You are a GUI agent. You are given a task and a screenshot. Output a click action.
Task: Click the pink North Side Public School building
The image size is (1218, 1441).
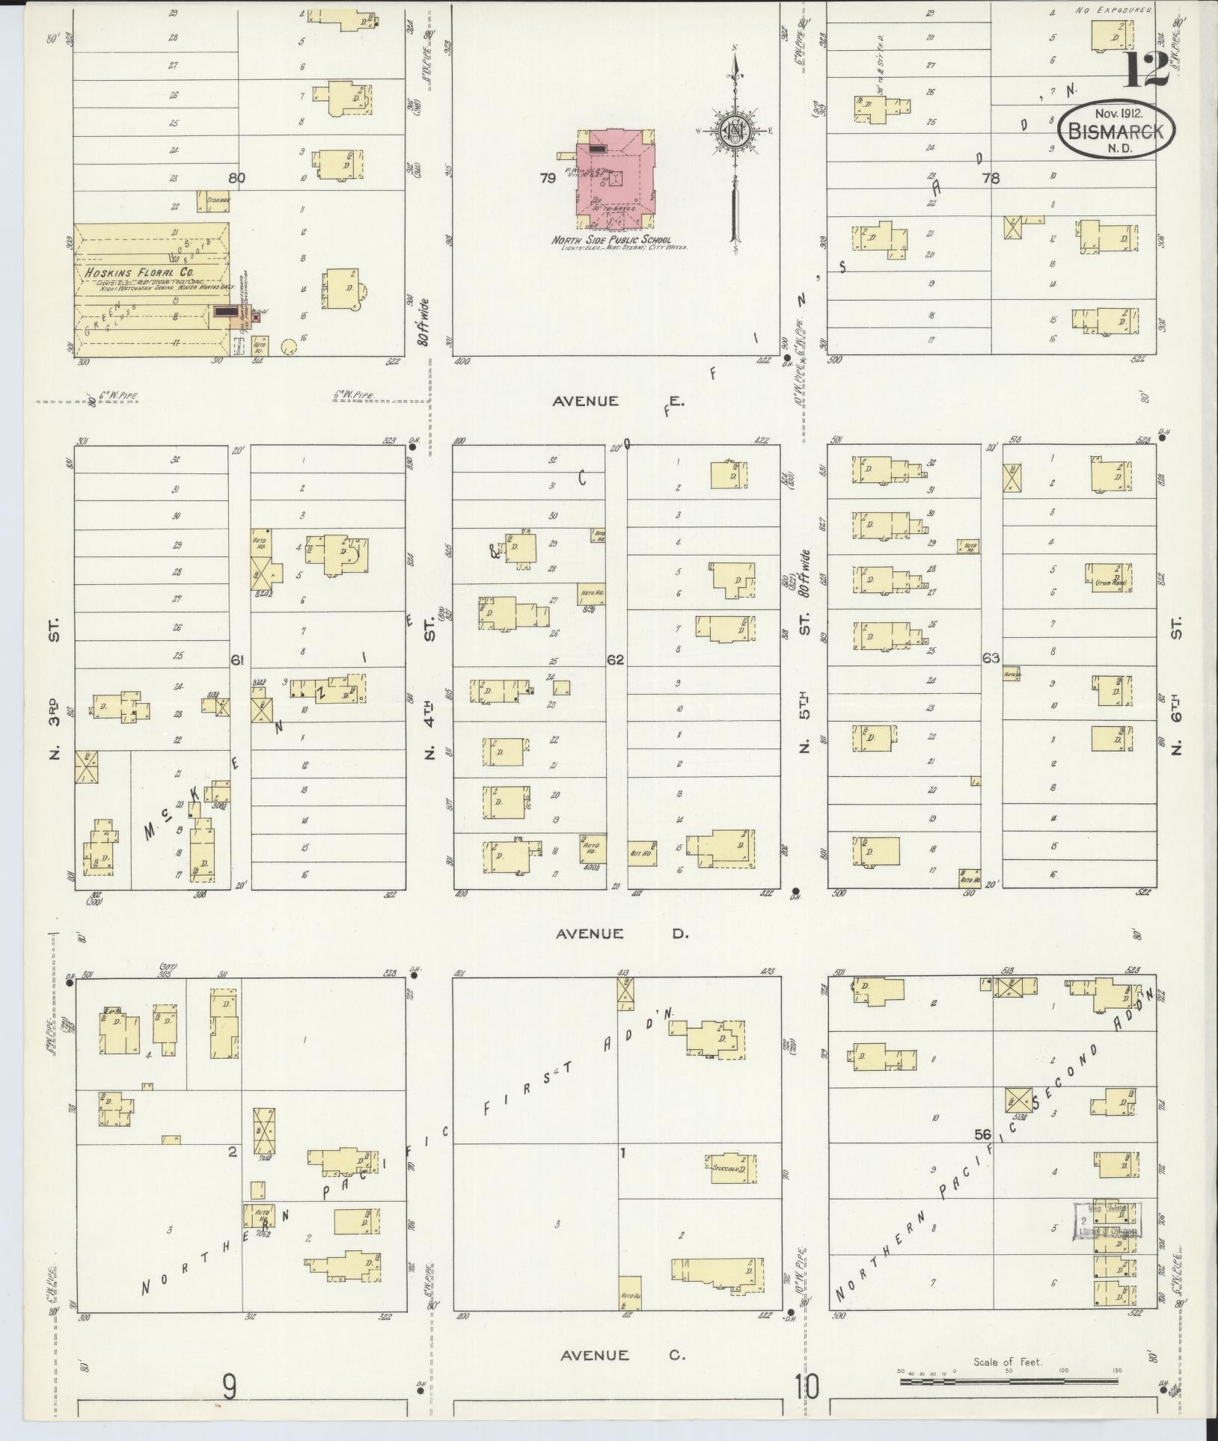[x=615, y=180]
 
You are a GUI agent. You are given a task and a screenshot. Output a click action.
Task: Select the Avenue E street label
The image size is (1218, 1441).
[x=617, y=402]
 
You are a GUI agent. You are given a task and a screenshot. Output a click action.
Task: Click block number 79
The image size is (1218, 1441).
[x=547, y=178]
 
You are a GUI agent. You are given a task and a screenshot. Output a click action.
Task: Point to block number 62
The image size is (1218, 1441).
[x=616, y=660]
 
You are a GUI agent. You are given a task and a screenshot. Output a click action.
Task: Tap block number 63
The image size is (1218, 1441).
[x=991, y=659]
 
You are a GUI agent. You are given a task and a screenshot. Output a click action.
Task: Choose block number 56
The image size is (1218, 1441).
[x=983, y=1155]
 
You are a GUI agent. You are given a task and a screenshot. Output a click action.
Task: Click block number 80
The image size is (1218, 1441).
[x=237, y=178]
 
